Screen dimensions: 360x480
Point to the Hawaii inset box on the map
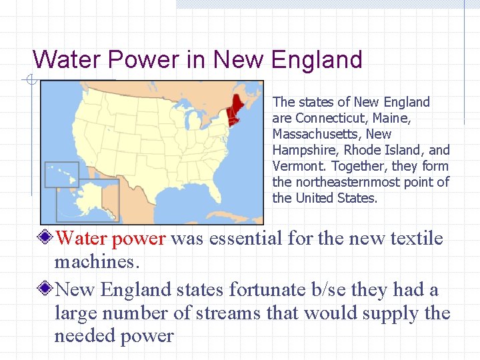click(61, 174)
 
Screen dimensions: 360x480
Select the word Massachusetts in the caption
click(313, 134)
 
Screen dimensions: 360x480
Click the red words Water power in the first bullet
click(110, 239)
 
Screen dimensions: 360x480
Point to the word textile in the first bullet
click(413, 239)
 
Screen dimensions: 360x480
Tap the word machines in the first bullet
click(97, 263)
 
